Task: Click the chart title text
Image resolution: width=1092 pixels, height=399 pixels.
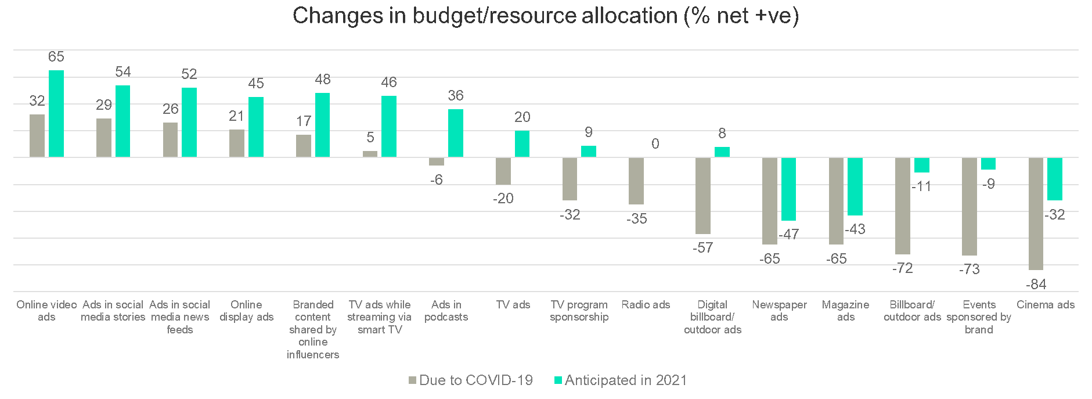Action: click(545, 16)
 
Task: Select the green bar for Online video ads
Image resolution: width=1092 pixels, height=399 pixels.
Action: click(56, 114)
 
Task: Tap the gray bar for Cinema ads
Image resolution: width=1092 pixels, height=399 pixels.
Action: click(1036, 213)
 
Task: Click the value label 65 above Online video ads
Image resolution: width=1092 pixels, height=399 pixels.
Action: click(56, 57)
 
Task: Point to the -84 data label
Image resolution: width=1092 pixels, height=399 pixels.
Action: click(1036, 285)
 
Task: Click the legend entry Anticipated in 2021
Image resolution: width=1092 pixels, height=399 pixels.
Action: click(621, 380)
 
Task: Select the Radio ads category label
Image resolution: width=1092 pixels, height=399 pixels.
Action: click(646, 305)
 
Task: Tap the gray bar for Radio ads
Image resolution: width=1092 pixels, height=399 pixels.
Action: click(636, 181)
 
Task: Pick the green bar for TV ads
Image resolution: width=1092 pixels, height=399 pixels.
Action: click(522, 144)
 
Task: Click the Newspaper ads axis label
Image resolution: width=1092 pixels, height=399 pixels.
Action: click(779, 311)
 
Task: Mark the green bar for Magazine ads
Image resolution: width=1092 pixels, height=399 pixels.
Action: click(855, 186)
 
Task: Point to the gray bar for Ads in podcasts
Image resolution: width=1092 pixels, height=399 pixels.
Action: click(437, 161)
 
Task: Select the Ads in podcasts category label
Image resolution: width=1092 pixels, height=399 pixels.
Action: click(446, 311)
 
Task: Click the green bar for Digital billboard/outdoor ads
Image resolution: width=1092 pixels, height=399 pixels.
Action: click(722, 152)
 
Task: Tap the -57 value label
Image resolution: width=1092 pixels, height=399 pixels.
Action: click(702, 248)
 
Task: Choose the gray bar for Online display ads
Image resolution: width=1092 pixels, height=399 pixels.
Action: click(237, 143)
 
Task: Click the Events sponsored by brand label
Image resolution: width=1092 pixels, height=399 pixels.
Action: click(979, 317)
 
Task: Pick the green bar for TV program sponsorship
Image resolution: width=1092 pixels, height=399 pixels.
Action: click(589, 152)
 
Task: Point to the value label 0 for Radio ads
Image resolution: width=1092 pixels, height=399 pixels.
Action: click(655, 144)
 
